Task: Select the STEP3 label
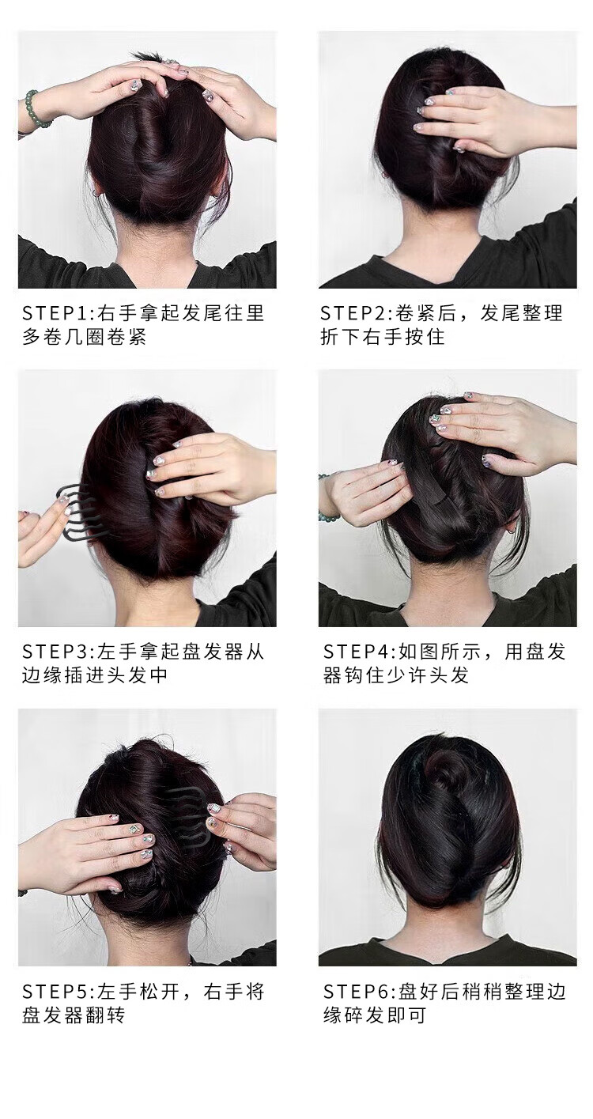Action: pos(56,652)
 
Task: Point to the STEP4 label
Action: pos(357,652)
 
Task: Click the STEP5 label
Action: pos(56,990)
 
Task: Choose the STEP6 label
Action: pos(357,990)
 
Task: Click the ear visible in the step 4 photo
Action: pos(509,531)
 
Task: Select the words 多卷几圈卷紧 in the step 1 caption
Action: pos(84,336)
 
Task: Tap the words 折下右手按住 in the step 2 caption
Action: pos(382,336)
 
